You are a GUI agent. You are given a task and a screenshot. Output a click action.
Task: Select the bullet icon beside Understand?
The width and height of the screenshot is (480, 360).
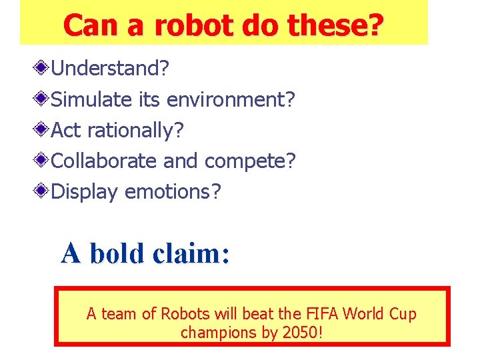click(x=42, y=68)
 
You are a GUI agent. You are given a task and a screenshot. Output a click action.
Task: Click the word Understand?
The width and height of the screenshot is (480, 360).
click(x=111, y=68)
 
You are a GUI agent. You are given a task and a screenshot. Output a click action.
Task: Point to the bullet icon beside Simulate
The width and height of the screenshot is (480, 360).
click(x=42, y=99)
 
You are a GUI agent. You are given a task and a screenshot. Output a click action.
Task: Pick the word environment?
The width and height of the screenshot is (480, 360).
click(x=231, y=99)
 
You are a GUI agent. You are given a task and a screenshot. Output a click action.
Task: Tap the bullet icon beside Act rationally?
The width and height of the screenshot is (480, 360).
click(x=42, y=130)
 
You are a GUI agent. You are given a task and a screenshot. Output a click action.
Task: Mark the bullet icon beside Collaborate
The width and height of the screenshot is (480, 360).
click(x=42, y=161)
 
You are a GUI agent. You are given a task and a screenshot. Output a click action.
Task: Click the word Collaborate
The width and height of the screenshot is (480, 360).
click(x=104, y=161)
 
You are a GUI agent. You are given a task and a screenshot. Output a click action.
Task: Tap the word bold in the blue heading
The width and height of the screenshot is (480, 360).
click(x=117, y=253)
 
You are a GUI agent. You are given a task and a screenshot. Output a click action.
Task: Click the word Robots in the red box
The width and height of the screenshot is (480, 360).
click(x=184, y=314)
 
